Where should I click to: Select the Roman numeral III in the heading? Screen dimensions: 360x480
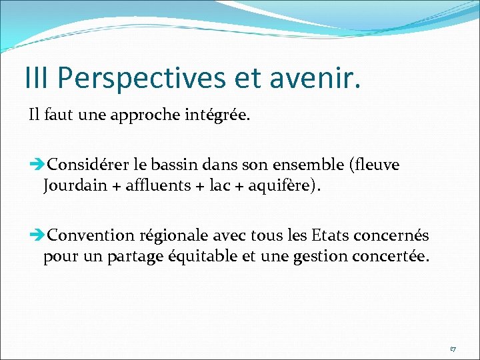click(38, 78)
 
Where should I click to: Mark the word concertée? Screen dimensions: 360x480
click(393, 257)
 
